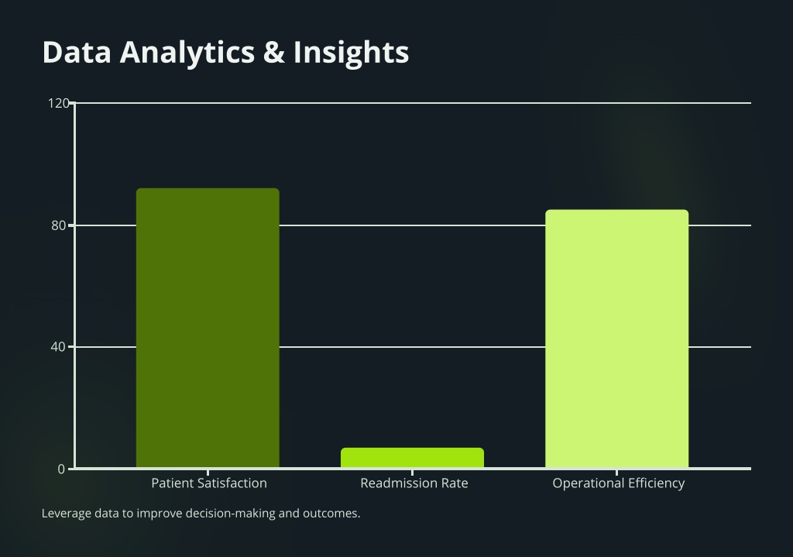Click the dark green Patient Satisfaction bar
pyautogui.click(x=208, y=328)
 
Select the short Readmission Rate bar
pyautogui.click(x=412, y=458)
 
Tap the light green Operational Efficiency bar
pyautogui.click(x=616, y=339)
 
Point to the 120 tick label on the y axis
pyautogui.click(x=59, y=103)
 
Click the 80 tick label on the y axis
pyautogui.click(x=59, y=225)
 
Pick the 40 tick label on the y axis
pyautogui.click(x=59, y=347)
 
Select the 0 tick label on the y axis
pyautogui.click(x=62, y=469)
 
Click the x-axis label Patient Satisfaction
pyautogui.click(x=209, y=483)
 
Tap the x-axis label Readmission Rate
pyautogui.click(x=414, y=483)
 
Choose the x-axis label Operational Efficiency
pyautogui.click(x=619, y=483)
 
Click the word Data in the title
pyautogui.click(x=77, y=52)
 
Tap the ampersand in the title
pyautogui.click(x=274, y=52)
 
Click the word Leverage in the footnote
pyautogui.click(x=63, y=514)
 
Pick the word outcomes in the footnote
pyautogui.click(x=331, y=514)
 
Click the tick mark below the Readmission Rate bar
pyautogui.click(x=412, y=473)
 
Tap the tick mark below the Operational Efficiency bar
pyautogui.click(x=616, y=473)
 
